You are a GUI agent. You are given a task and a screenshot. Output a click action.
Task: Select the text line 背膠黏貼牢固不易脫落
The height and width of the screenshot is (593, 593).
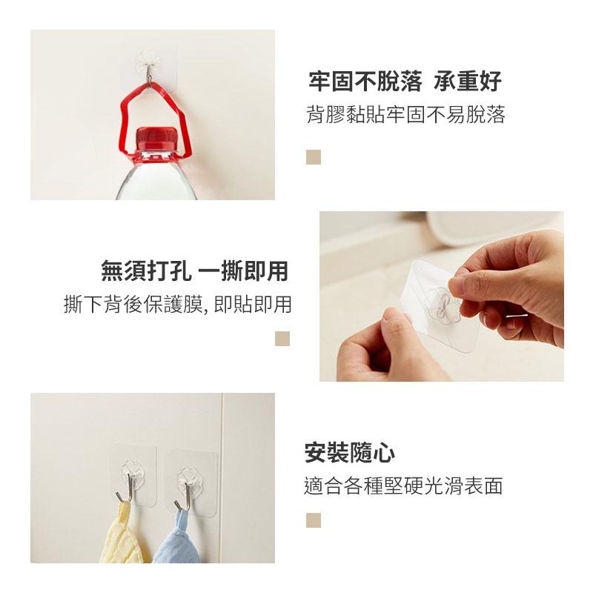[x=405, y=115]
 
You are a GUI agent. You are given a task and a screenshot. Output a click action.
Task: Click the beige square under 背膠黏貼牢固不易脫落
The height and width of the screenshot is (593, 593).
[x=314, y=157]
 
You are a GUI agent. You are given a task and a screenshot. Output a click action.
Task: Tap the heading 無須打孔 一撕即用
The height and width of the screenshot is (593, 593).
[x=194, y=271]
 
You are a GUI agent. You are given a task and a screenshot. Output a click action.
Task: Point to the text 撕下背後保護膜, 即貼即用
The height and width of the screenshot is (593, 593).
[x=177, y=305]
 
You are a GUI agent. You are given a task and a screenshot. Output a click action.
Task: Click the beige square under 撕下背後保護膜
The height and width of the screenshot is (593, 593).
[x=282, y=338]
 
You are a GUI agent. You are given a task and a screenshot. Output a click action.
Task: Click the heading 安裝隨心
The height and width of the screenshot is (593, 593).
[x=350, y=452]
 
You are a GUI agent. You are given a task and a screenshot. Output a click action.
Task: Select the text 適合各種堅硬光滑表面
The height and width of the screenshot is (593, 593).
[x=404, y=486]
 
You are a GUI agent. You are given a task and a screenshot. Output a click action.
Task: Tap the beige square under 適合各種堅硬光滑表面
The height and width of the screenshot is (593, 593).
[x=314, y=520]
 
